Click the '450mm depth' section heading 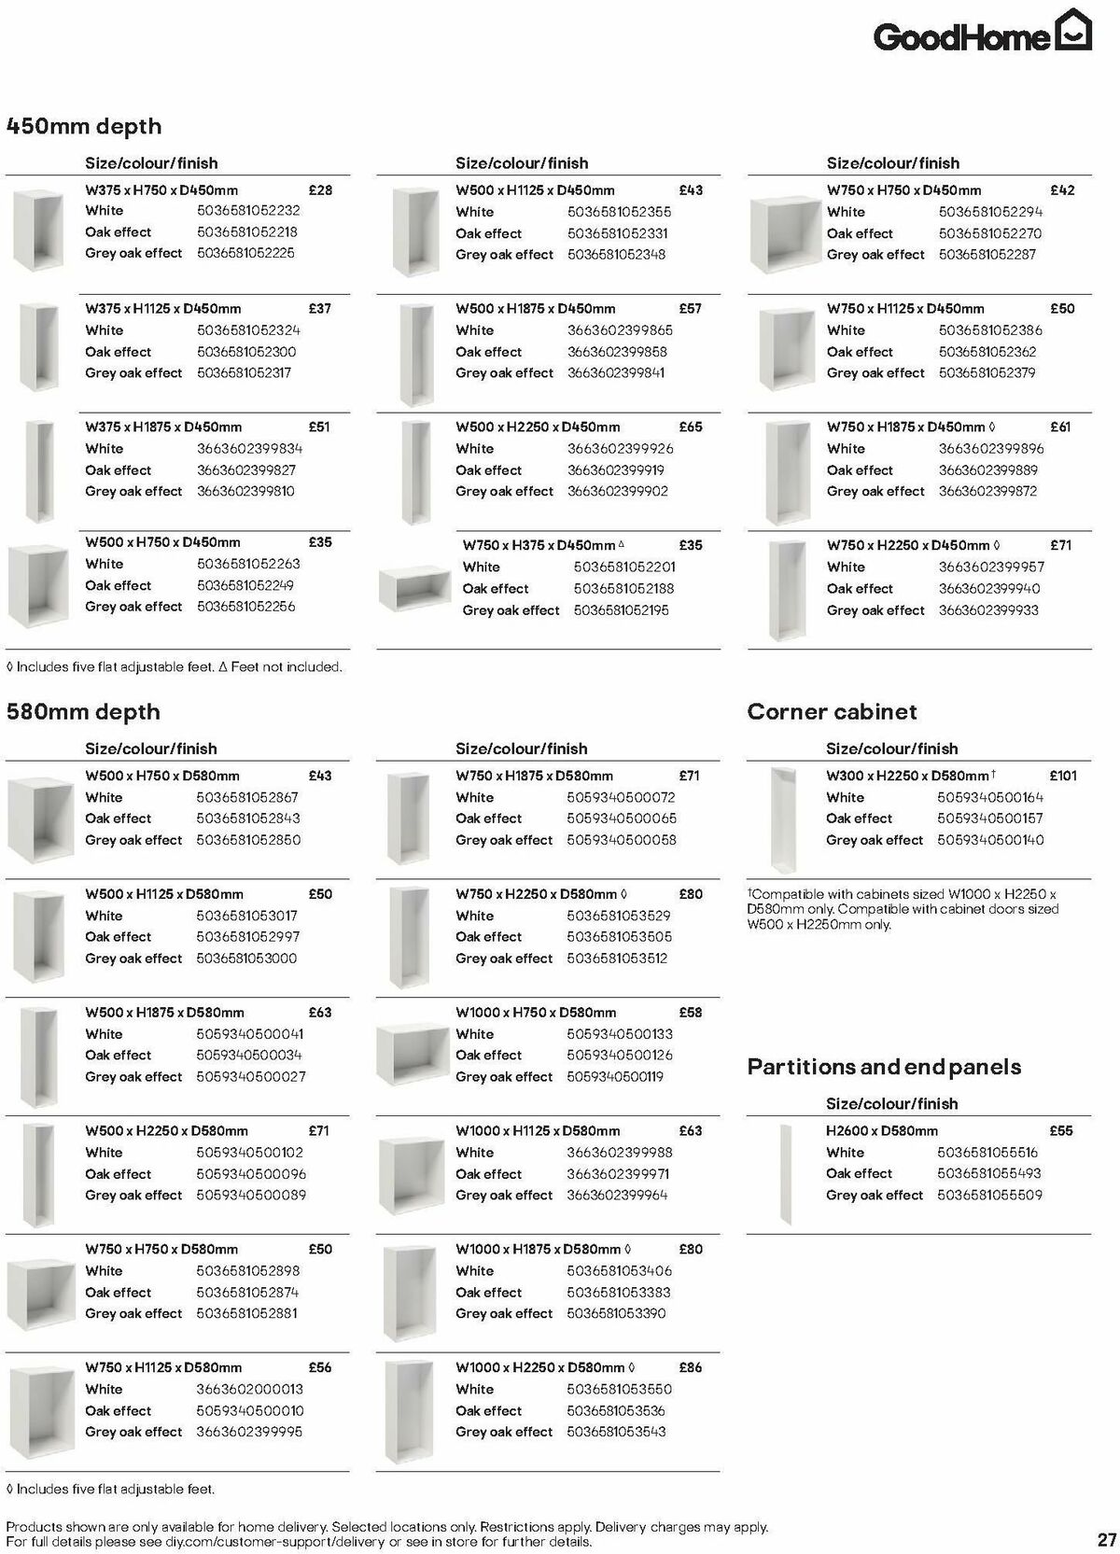(x=84, y=127)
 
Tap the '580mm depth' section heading (x=83, y=712)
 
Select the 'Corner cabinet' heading (x=832, y=712)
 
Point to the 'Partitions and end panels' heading (x=884, y=1067)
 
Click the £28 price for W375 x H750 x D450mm (x=320, y=190)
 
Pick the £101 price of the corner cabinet (x=1063, y=776)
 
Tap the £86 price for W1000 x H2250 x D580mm (x=691, y=1367)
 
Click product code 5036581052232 (x=248, y=211)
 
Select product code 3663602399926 (x=620, y=449)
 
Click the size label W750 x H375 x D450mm (x=539, y=546)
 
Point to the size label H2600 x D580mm (x=882, y=1131)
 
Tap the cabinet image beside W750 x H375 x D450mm (x=415, y=586)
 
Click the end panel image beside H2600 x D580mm (x=785, y=1174)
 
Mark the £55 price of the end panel (x=1061, y=1131)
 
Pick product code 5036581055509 (x=989, y=1196)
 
